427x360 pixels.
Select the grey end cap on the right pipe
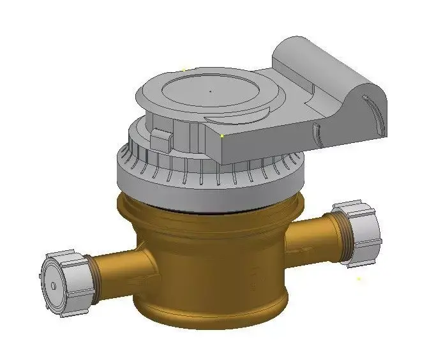click(x=360, y=231)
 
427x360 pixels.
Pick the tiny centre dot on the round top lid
click(x=211, y=91)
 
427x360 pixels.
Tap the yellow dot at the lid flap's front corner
click(x=221, y=135)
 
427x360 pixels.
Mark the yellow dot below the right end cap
click(x=359, y=278)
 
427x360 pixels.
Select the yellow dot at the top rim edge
click(x=183, y=70)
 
